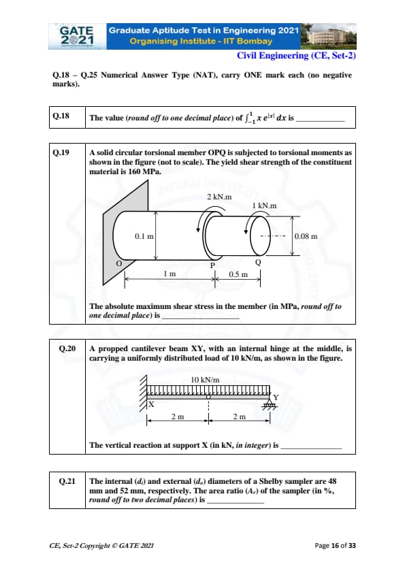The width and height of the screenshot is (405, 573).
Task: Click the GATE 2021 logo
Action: click(78, 36)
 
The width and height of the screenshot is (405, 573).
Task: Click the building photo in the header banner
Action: click(328, 36)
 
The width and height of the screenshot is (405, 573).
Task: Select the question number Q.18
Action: click(61, 116)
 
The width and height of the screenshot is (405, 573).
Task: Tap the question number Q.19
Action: click(61, 152)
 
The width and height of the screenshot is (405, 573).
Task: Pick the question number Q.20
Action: click(67, 348)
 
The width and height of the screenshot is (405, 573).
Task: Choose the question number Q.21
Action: click(67, 481)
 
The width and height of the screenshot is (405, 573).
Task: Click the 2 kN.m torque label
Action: click(219, 197)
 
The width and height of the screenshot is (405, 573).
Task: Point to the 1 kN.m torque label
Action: click(264, 206)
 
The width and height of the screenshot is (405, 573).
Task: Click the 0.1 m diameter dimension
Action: click(144, 236)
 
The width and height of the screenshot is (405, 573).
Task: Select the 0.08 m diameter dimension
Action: click(306, 236)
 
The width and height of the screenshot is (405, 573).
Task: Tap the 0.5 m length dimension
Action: click(238, 274)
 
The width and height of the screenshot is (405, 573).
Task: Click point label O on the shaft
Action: click(118, 263)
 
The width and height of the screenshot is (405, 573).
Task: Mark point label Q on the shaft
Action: click(258, 263)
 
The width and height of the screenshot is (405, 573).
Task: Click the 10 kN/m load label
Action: click(205, 380)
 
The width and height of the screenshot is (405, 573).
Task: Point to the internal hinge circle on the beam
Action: click(208, 397)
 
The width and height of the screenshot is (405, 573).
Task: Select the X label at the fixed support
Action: click(151, 404)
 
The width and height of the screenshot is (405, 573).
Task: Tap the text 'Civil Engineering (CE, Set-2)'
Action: click(297, 56)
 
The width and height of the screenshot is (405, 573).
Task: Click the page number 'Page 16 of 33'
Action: click(335, 546)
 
